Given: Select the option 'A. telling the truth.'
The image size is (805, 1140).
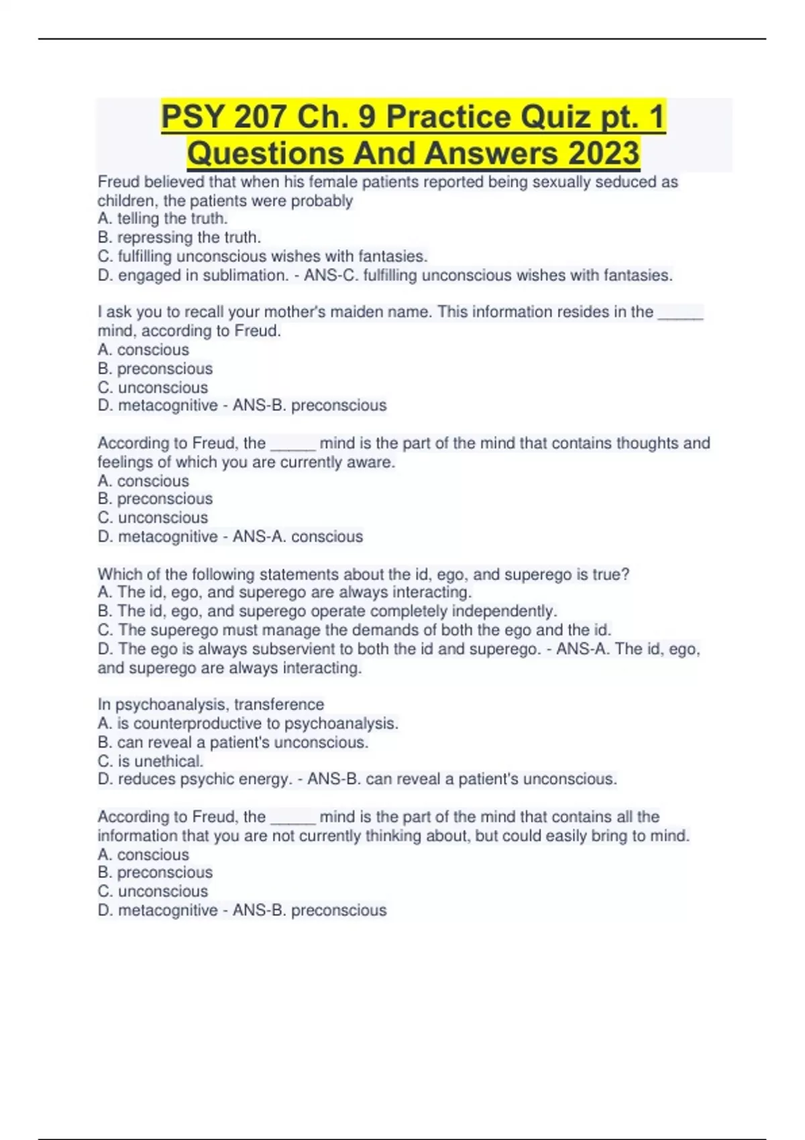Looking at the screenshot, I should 162,219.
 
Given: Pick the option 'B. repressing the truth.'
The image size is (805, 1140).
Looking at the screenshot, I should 179,237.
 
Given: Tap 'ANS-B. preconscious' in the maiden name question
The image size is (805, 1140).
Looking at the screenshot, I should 309,406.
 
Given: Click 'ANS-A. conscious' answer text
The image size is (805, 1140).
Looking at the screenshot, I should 297,536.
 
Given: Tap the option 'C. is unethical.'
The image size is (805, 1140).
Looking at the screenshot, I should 150,761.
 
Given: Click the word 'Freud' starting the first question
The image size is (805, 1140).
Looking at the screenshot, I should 119,182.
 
